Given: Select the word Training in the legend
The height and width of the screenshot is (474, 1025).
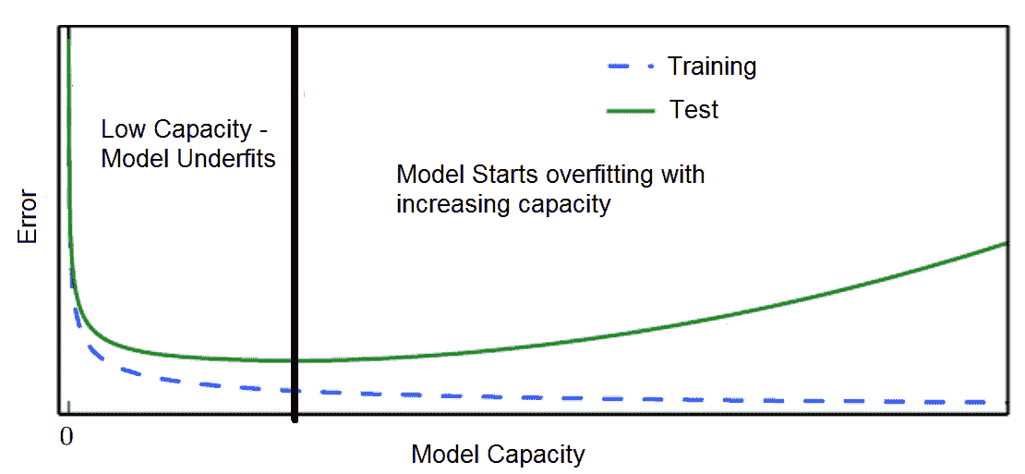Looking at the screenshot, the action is coord(712,66).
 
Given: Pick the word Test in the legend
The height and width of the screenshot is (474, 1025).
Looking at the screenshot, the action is coord(694,109).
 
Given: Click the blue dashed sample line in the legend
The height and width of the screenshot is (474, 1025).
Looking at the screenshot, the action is coord(632,67).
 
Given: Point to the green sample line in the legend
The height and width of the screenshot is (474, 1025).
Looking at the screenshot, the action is coord(631,111).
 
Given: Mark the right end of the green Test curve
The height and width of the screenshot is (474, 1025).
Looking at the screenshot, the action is coord(1006,243).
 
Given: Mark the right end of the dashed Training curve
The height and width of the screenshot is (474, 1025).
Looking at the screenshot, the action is coord(1004,401).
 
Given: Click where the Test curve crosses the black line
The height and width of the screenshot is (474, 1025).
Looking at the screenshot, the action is coord(295,361).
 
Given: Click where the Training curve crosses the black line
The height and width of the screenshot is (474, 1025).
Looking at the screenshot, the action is coord(295,391).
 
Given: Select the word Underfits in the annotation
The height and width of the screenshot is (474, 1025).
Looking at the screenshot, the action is coord(224,160).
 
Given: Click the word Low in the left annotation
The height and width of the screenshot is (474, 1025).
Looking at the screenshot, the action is coord(122,129).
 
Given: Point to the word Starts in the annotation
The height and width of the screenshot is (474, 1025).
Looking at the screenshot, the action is coord(511,176).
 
